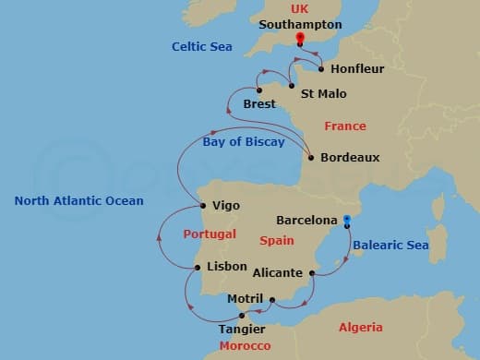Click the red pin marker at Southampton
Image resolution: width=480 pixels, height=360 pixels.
[299, 39]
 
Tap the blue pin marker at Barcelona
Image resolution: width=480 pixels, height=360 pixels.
[347, 221]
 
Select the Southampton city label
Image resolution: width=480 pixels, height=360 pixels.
[301, 25]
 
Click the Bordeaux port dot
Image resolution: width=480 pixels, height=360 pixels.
[311, 158]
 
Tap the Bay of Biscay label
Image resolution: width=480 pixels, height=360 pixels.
[244, 141]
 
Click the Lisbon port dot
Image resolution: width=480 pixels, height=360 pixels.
[197, 268]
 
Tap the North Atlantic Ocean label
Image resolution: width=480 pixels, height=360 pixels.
[79, 200]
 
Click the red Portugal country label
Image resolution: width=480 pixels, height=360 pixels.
[210, 234]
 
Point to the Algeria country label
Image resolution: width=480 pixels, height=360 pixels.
[360, 328]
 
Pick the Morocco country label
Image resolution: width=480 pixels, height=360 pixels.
[245, 346]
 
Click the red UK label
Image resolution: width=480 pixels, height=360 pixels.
[299, 8]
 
